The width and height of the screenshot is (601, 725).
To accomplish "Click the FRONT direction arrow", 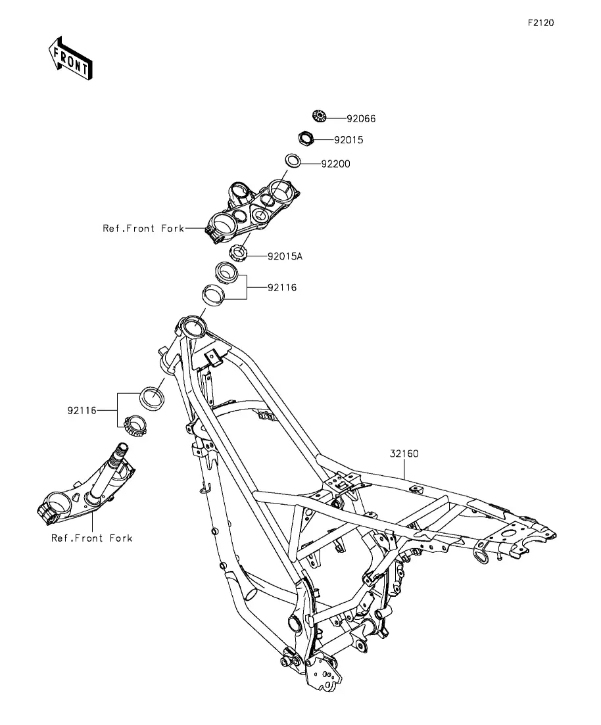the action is pyautogui.click(x=70, y=58).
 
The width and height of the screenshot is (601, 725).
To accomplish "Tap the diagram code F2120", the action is pyautogui.click(x=541, y=22).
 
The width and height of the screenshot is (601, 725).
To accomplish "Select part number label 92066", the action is pyautogui.click(x=361, y=119).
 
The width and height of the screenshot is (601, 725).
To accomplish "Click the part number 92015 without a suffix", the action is pyautogui.click(x=349, y=140).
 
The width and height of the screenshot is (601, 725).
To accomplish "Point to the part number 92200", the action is pyautogui.click(x=335, y=164).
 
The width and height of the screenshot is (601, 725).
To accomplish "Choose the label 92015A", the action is pyautogui.click(x=285, y=256).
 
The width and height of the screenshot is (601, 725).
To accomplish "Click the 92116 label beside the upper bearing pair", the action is pyautogui.click(x=282, y=288).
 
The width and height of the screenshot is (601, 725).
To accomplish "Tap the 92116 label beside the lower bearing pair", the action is pyautogui.click(x=82, y=411).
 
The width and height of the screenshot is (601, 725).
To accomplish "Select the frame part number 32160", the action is pyautogui.click(x=404, y=454).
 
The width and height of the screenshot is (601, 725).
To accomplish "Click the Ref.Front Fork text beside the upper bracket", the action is pyautogui.click(x=143, y=229).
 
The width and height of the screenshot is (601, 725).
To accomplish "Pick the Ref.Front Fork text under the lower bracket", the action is pyautogui.click(x=91, y=538).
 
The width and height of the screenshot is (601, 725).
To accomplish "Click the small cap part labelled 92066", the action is pyautogui.click(x=319, y=116).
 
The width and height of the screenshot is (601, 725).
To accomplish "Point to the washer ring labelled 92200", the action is pyautogui.click(x=293, y=160).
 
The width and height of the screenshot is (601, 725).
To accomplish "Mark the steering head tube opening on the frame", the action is pyautogui.click(x=194, y=327).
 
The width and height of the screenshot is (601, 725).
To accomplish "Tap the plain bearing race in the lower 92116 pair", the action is pyautogui.click(x=153, y=398).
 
